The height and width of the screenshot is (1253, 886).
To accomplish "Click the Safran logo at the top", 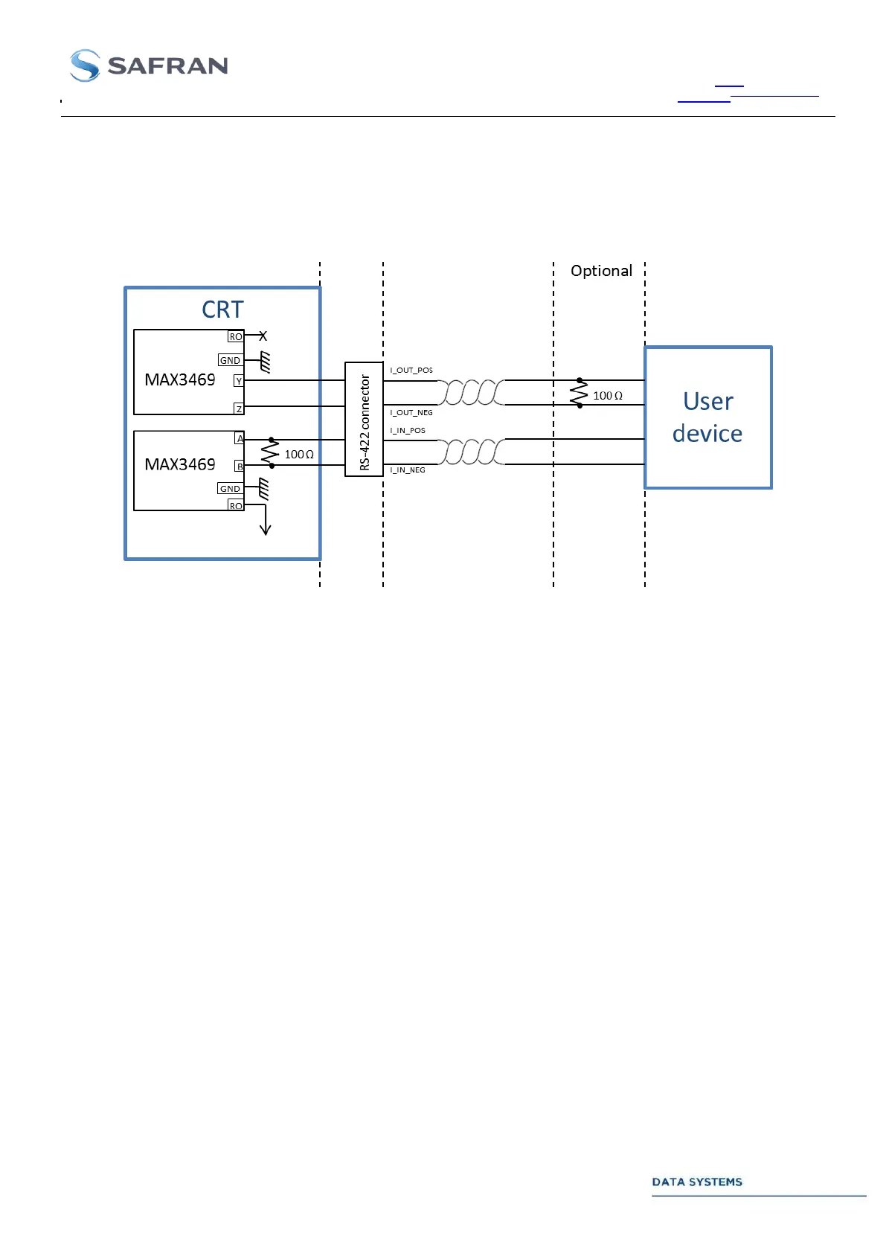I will point(149,65).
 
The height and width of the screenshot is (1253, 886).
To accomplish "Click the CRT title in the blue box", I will point(222,310).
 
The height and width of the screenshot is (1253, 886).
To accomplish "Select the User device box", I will point(707,417).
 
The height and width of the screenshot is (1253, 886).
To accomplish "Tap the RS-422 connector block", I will point(364,420).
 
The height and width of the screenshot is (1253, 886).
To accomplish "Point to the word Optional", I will point(601,271).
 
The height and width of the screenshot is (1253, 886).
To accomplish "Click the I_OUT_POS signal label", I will point(411,370).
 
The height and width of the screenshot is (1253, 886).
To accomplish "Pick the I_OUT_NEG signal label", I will point(411,412).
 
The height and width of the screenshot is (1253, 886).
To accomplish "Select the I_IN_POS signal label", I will point(408,431).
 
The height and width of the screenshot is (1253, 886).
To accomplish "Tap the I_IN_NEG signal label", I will point(408,470).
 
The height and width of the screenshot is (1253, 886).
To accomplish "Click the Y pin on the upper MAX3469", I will point(239,381).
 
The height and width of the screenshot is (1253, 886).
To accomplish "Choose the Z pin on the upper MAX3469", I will point(239,408).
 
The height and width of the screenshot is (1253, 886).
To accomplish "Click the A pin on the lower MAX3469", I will point(240,439).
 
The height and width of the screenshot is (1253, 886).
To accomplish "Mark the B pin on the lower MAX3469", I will point(240,467).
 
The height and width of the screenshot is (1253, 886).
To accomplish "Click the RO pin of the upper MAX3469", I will point(235,337).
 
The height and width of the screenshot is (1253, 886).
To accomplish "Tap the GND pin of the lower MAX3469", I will point(230,489).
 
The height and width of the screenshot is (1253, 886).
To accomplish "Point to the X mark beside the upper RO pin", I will point(263,336).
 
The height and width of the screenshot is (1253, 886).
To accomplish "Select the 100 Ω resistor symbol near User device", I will point(579,393).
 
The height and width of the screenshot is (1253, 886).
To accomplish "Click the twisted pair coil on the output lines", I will point(470,392).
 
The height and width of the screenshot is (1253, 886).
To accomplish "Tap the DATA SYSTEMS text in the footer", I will point(697,1182).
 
